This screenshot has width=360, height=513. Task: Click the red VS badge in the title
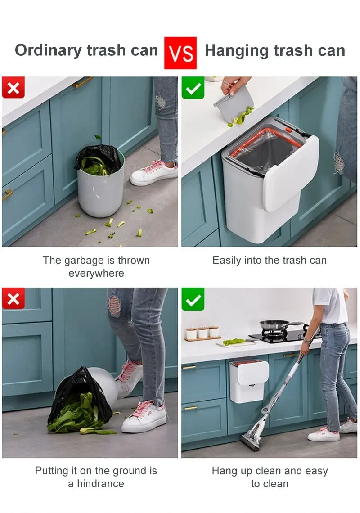click(180, 53)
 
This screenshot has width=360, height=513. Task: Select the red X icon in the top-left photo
click(13, 87)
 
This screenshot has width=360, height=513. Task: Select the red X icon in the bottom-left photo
click(13, 298)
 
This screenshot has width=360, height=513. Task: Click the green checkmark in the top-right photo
click(193, 88)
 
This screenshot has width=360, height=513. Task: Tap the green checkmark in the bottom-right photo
click(193, 299)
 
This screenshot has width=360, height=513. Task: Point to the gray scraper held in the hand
click(234, 103)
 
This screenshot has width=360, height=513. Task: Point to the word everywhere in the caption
click(96, 273)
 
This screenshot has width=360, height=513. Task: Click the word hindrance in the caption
click(100, 484)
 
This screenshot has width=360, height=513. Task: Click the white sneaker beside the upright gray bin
click(153, 173)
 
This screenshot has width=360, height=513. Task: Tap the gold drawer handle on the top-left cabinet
click(83, 82)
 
